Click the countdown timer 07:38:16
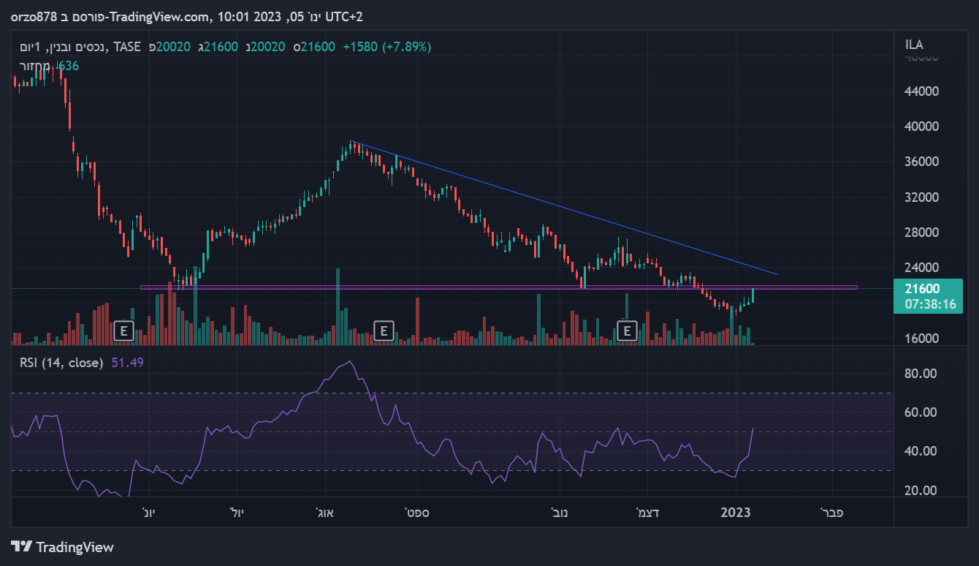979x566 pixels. click(930, 303)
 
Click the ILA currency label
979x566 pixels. click(914, 45)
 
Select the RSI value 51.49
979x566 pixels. click(128, 362)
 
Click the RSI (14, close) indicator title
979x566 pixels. click(61, 362)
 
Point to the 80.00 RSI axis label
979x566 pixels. click(921, 374)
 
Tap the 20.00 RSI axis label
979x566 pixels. click(921, 490)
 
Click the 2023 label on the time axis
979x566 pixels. click(736, 513)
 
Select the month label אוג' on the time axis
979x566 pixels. click(324, 513)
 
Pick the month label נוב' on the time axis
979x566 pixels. click(560, 513)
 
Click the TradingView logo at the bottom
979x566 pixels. click(63, 546)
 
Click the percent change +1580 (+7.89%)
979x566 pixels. click(386, 47)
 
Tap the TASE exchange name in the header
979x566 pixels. click(127, 47)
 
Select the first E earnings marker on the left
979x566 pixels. click(123, 331)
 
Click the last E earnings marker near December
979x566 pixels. click(626, 331)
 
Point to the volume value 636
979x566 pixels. click(68, 66)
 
